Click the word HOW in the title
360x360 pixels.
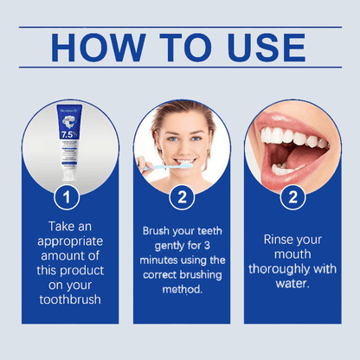95,48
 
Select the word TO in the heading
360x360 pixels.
183,48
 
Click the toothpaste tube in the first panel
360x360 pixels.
68,143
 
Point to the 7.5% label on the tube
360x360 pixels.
67,135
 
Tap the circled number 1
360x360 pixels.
67,197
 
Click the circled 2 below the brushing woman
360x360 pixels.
181,197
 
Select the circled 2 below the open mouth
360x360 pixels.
293,197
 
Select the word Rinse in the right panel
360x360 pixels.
273,240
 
